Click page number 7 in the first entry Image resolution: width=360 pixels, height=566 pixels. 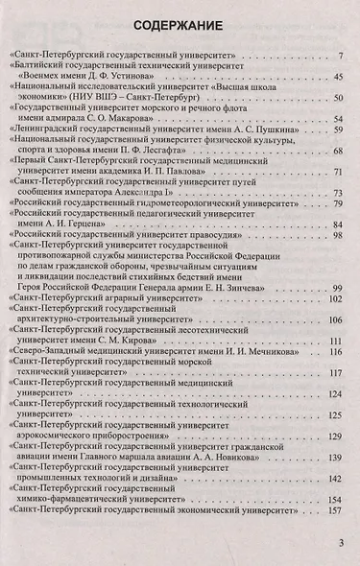pyautogui.click(x=341, y=59)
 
